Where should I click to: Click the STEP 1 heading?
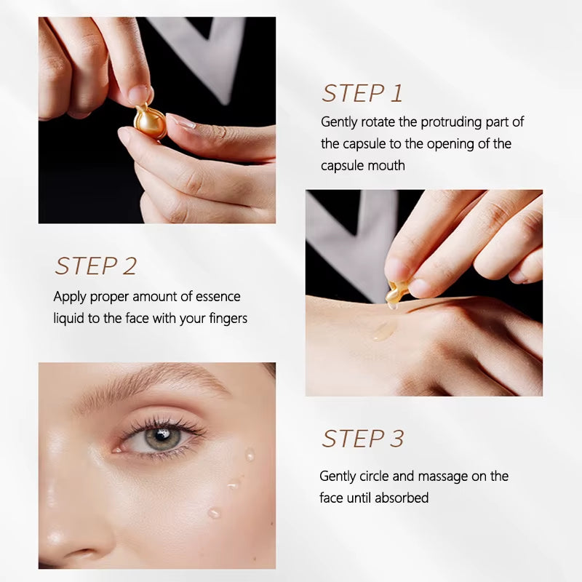(362, 94)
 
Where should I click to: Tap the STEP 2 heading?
(95, 266)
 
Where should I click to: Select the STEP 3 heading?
(362, 439)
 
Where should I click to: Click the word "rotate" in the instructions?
(378, 122)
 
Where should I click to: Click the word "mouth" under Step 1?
(386, 166)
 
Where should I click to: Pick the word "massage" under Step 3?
(443, 477)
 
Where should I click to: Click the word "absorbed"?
(402, 498)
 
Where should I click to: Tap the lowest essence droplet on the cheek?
(214, 513)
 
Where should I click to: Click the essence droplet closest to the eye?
(250, 455)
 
